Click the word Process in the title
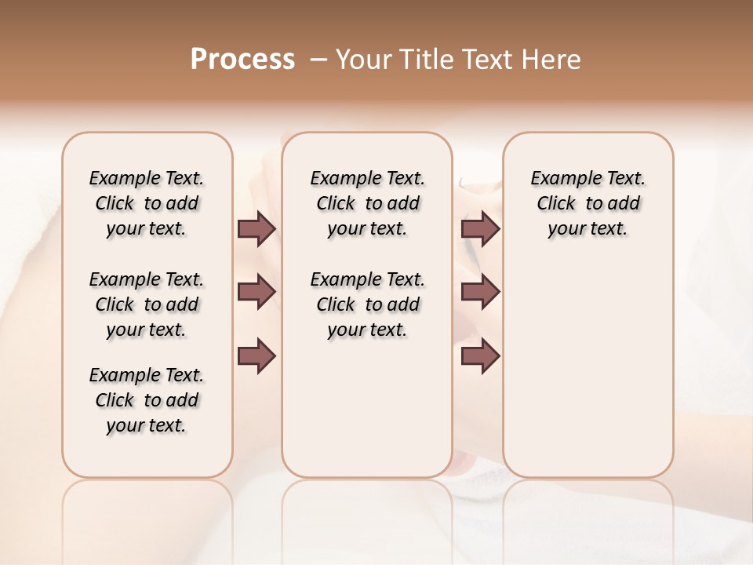coord(242,60)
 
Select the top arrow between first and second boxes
coord(256,229)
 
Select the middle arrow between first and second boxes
coord(256,292)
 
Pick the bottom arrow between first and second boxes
coord(256,356)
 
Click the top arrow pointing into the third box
coord(480,229)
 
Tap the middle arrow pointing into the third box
coord(480,292)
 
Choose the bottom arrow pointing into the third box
coord(480,356)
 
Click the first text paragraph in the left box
coord(147,203)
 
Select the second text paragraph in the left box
coord(147,304)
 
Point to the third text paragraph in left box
coord(147,400)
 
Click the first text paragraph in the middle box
coord(368,203)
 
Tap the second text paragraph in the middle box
coord(368,304)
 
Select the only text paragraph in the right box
coord(588,203)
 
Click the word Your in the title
coord(363,60)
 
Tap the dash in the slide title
coord(318,60)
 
